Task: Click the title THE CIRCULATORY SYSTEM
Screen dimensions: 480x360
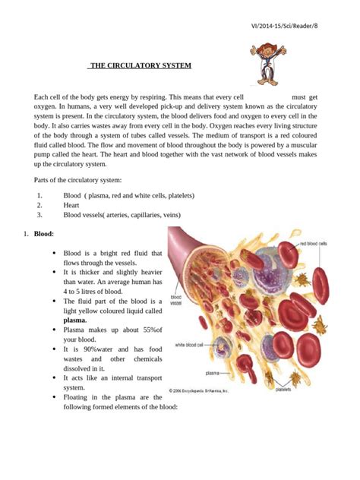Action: (x=140, y=66)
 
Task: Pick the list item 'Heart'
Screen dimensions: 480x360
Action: (x=71, y=205)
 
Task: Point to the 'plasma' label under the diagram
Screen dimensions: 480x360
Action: (x=216, y=372)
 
